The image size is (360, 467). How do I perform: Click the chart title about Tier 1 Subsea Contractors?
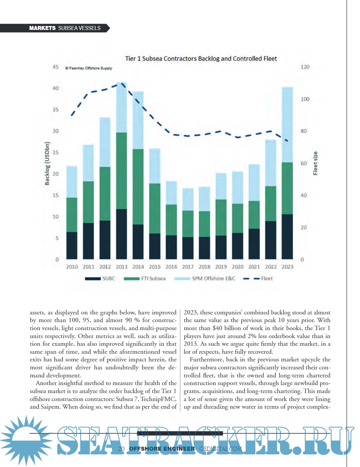(201, 59)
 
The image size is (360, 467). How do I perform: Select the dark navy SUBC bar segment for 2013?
(121, 234)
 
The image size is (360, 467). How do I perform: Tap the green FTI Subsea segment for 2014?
(138, 187)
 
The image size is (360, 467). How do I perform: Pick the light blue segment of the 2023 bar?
(287, 125)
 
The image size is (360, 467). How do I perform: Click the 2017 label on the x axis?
(188, 267)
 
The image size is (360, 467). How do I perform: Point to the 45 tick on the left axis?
(55, 67)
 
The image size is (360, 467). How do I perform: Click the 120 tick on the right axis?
(305, 67)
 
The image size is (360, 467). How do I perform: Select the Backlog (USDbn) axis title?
(47, 163)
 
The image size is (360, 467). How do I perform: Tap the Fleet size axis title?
(315, 163)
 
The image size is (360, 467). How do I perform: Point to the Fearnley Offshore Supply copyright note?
(89, 68)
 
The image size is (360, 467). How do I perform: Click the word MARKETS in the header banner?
(42, 28)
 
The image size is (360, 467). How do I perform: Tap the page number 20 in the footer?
(121, 449)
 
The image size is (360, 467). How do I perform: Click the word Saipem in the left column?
(51, 407)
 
